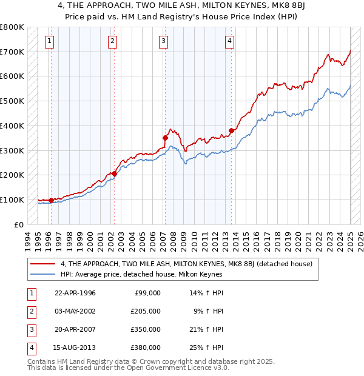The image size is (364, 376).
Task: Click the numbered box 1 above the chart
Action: [x=49, y=41]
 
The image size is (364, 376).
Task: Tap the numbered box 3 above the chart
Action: [x=164, y=41]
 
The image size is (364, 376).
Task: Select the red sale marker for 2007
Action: [x=165, y=138]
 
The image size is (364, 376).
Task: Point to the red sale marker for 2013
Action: [x=231, y=130]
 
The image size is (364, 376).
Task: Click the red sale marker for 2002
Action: [x=114, y=174]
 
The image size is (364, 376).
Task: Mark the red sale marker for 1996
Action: [x=52, y=200]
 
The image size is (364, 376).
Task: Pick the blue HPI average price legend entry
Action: [x=141, y=274]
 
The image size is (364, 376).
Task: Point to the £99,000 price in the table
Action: [x=148, y=292]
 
